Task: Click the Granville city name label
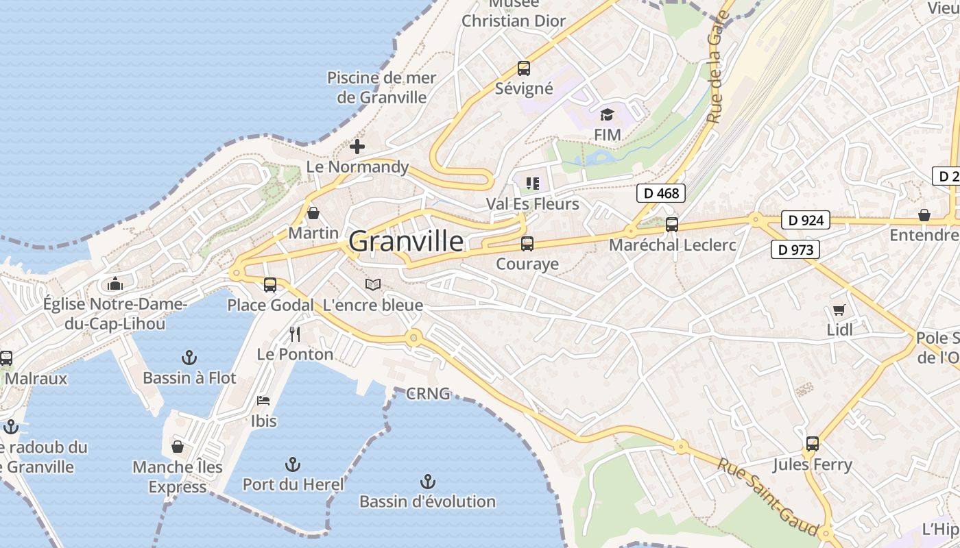(406, 241)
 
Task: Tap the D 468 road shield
(662, 193)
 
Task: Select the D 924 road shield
(805, 221)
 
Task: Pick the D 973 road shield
(795, 250)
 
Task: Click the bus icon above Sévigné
(524, 68)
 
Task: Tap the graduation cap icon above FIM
(607, 114)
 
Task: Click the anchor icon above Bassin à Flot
(189, 358)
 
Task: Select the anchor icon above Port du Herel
(293, 464)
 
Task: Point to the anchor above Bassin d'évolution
(428, 482)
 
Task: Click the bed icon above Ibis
(263, 401)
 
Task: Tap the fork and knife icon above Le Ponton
(295, 334)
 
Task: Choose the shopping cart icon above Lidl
(839, 310)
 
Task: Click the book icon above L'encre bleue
(372, 284)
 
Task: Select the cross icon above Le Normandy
(357, 147)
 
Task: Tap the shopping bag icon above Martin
(313, 213)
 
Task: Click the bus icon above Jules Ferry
(813, 444)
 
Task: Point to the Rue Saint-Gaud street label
(768, 497)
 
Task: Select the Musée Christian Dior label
(514, 14)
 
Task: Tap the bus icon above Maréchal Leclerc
(672, 224)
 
